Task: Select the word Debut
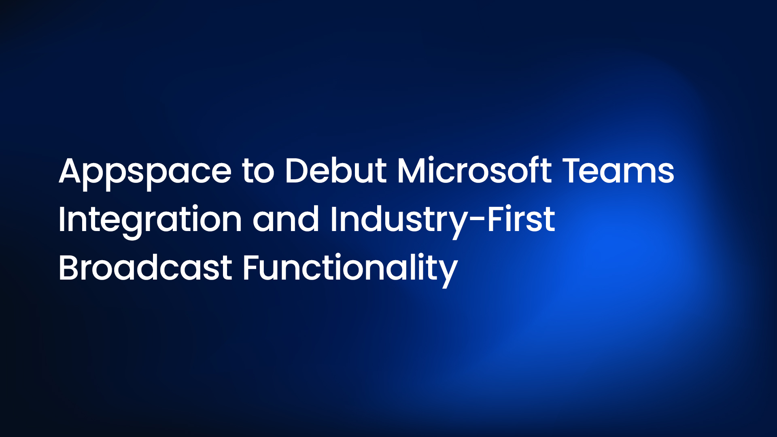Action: tap(336, 170)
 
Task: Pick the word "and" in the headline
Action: tap(286, 219)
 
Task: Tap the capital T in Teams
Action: tap(574, 170)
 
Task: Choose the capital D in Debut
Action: tap(297, 170)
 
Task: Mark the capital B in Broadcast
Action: tap(70, 267)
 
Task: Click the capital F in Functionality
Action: tap(252, 267)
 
